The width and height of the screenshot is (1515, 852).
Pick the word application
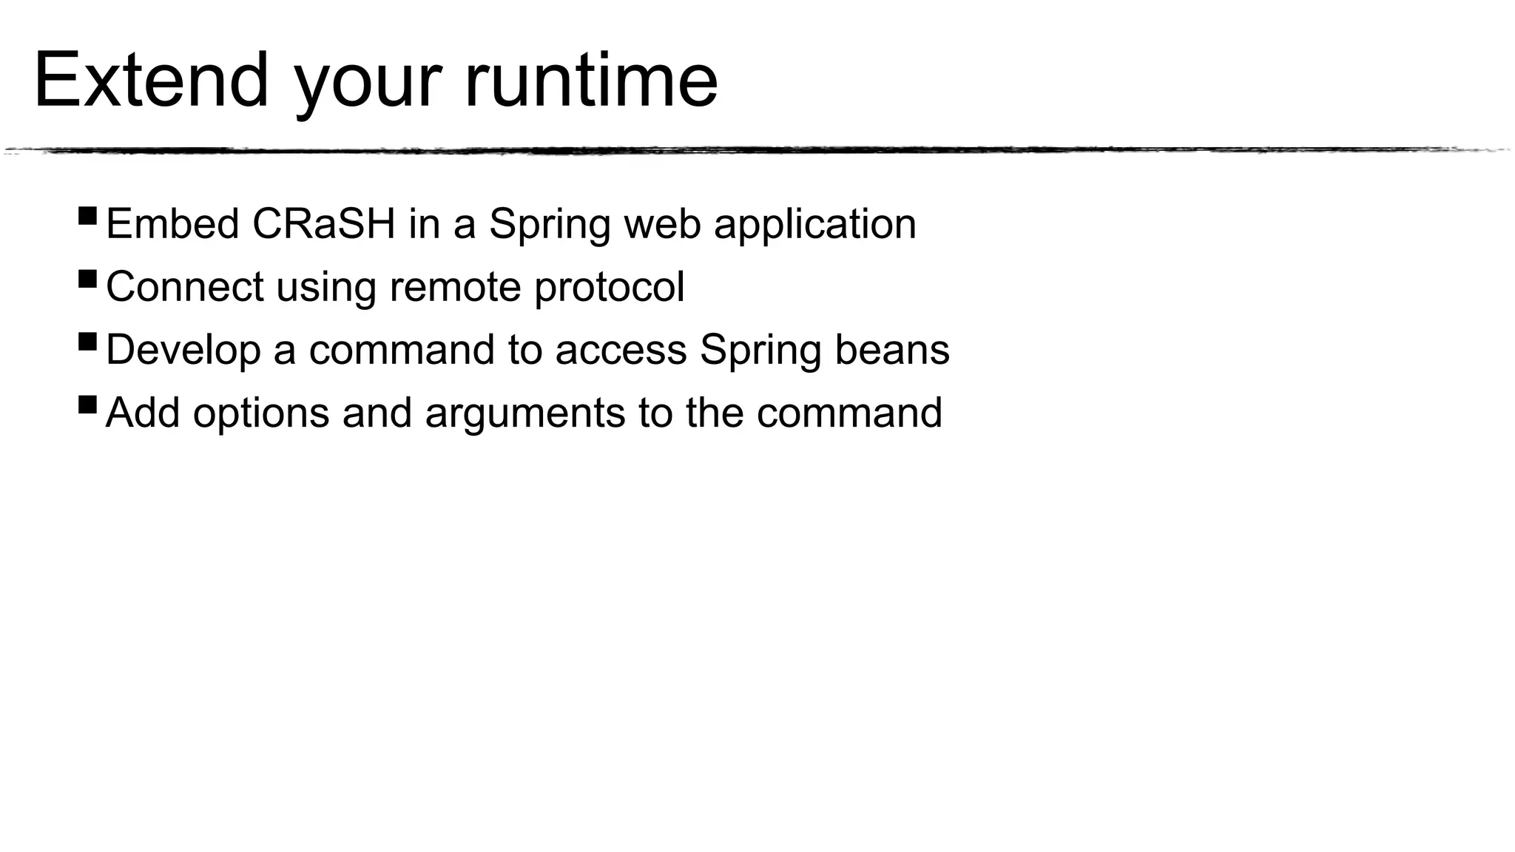click(814, 225)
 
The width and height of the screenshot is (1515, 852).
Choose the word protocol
click(610, 288)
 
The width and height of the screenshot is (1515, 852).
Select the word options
click(260, 413)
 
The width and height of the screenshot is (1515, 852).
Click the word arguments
click(524, 413)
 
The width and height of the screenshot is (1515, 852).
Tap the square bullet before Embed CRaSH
click(87, 216)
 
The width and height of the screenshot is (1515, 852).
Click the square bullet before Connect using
click(87, 279)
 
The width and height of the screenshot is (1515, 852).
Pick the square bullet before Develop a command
click(87, 342)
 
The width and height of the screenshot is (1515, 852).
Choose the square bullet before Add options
click(87, 405)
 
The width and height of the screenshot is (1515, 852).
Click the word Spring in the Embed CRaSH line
click(549, 225)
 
